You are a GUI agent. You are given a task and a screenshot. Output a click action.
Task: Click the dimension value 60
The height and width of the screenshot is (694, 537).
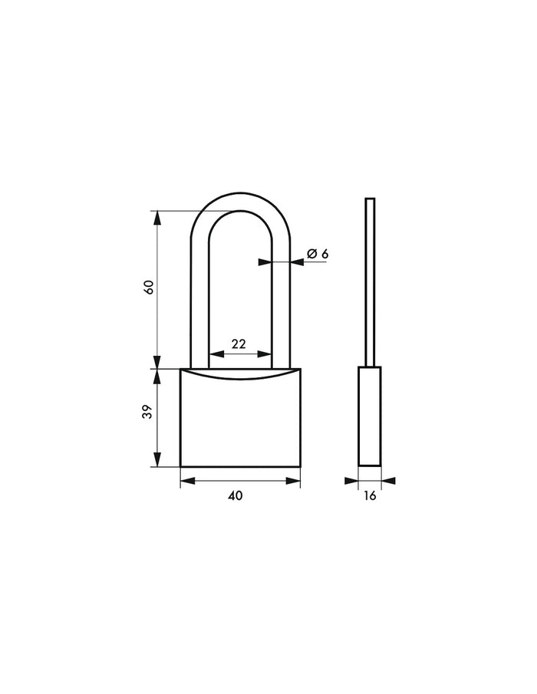(x=150, y=287)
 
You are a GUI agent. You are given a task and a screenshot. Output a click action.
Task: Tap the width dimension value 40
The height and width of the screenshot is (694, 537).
(x=236, y=496)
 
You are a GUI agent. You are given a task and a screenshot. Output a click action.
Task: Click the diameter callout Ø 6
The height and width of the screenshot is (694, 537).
(x=318, y=254)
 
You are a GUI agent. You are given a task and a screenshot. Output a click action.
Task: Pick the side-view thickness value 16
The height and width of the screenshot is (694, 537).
(x=369, y=496)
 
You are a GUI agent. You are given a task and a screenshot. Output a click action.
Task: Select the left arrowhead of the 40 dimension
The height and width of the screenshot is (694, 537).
(x=186, y=481)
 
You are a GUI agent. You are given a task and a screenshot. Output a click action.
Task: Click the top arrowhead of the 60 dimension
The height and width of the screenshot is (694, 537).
(x=158, y=217)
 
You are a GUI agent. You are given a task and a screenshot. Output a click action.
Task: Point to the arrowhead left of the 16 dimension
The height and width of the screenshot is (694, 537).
(x=352, y=481)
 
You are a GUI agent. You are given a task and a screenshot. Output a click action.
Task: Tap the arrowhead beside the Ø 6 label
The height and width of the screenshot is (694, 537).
(x=297, y=262)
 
